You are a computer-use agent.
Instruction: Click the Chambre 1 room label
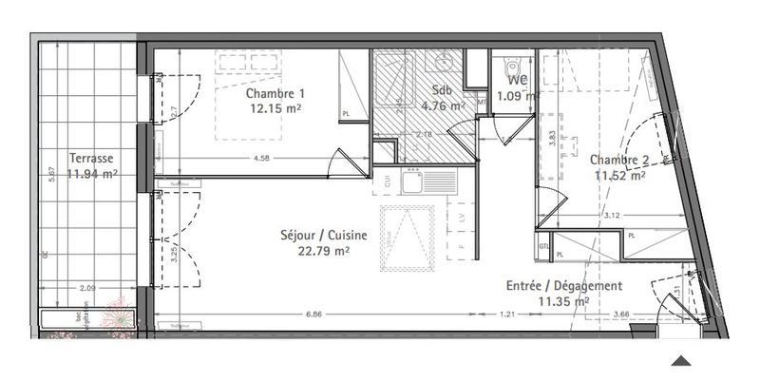(275, 94)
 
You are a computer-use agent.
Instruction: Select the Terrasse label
(92, 159)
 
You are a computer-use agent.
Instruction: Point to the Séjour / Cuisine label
(324, 236)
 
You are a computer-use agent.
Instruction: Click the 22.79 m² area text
(324, 251)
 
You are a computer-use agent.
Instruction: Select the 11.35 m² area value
(564, 302)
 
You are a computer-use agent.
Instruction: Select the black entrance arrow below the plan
(682, 360)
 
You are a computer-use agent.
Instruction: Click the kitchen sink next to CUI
(413, 182)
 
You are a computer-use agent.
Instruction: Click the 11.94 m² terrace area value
(93, 174)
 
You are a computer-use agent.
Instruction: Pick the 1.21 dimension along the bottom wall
(508, 313)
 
